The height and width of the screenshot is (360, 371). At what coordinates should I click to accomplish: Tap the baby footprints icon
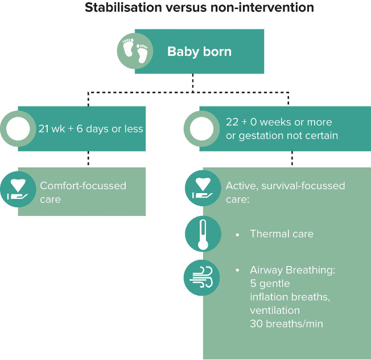coord(135,51)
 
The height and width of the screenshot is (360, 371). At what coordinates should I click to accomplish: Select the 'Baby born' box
coord(200,52)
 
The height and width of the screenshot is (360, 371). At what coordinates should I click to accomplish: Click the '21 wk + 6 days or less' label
coord(90,128)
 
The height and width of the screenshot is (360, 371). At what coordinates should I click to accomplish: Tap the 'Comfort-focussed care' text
coord(83,192)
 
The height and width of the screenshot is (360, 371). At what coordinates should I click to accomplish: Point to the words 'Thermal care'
coord(282,234)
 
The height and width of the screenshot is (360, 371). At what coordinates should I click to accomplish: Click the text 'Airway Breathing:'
coord(292,269)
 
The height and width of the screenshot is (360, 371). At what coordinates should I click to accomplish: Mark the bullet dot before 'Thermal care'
coord(237,234)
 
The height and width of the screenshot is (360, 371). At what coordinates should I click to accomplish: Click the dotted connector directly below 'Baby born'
coord(193,82)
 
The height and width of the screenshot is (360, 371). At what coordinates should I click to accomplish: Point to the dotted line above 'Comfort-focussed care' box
coord(89,159)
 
